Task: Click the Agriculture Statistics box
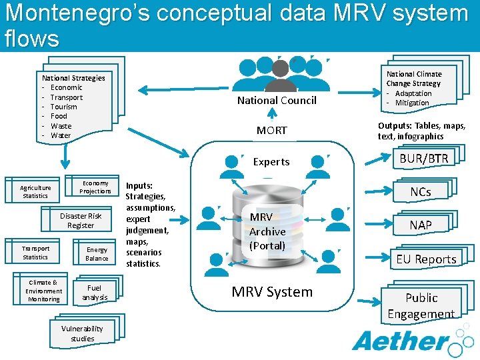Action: pos(35,192)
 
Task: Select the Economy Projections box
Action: pos(95,187)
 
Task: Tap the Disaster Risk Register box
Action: pos(81,221)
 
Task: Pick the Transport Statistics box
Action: pos(35,253)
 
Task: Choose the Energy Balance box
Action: pos(97,254)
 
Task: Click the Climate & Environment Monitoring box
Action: pos(43,291)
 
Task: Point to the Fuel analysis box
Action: pos(94,292)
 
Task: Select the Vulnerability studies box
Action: pos(82,333)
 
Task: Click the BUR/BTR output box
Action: pos(424,159)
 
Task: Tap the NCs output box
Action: pos(420,192)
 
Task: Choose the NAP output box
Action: pos(421,225)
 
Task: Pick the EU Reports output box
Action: pos(426,259)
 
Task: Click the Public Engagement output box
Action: pos(421,305)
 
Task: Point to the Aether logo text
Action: pos(400,341)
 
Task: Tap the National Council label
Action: pos(277,101)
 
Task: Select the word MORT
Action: pos(272,131)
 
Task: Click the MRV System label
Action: pos(272,292)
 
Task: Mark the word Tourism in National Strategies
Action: pos(64,107)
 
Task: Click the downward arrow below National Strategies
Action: pos(65,157)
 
